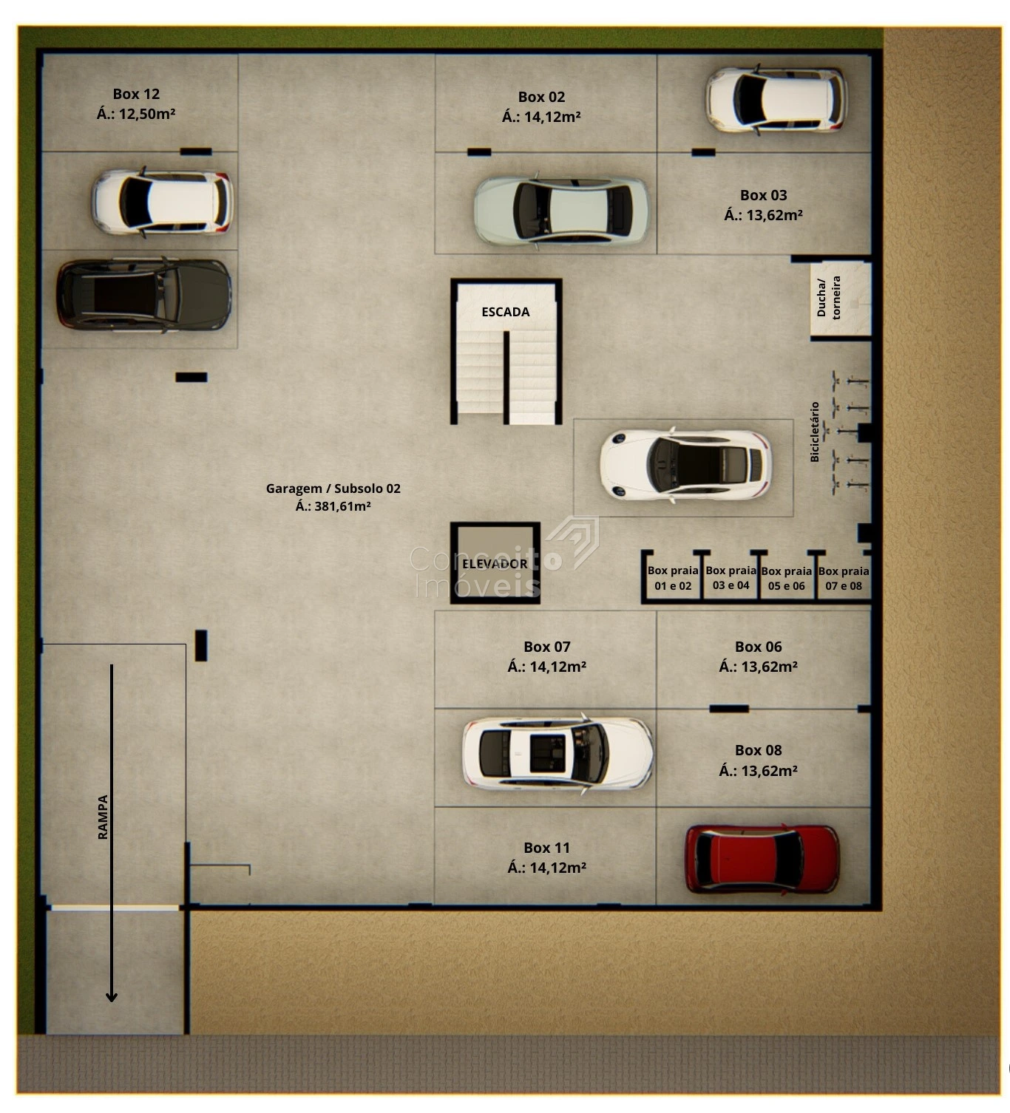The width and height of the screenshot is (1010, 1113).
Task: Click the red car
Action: (x=762, y=860)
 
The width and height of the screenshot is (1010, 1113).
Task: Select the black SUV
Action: (x=143, y=295)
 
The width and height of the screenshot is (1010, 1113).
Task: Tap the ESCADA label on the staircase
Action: (x=505, y=312)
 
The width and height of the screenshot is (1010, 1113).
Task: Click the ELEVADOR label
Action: (x=495, y=564)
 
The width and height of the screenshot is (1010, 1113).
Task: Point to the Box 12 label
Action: (x=136, y=94)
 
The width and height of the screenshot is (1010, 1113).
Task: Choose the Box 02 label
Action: (x=541, y=97)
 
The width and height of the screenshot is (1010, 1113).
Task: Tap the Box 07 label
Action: (x=547, y=647)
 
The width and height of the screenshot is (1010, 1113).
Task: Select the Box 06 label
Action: (x=758, y=647)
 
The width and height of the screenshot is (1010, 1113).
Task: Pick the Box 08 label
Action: (x=758, y=749)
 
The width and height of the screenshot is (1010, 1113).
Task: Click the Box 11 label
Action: (x=547, y=847)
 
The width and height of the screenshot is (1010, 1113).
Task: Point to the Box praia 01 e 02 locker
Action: (x=672, y=578)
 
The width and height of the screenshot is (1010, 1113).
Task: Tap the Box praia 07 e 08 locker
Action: (x=844, y=578)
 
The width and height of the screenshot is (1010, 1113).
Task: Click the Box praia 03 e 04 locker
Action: (x=731, y=578)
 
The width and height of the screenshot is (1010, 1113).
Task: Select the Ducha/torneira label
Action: (x=828, y=297)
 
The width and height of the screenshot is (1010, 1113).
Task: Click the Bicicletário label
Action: (x=815, y=432)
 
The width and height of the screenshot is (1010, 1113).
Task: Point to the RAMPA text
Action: (x=103, y=817)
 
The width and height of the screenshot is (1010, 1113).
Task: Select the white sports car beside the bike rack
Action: (x=685, y=465)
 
